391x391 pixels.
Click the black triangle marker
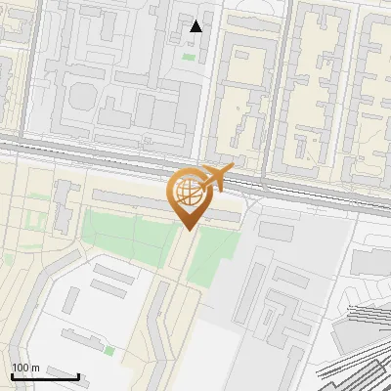tap(196, 26)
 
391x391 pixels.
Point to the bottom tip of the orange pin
tap(189, 231)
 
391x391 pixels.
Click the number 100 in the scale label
tap(21, 368)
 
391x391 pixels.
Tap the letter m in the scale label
tap(35, 368)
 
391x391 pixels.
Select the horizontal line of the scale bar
tap(45, 376)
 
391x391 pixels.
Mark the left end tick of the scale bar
tap(13, 374)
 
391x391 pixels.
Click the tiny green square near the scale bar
tap(109, 350)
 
